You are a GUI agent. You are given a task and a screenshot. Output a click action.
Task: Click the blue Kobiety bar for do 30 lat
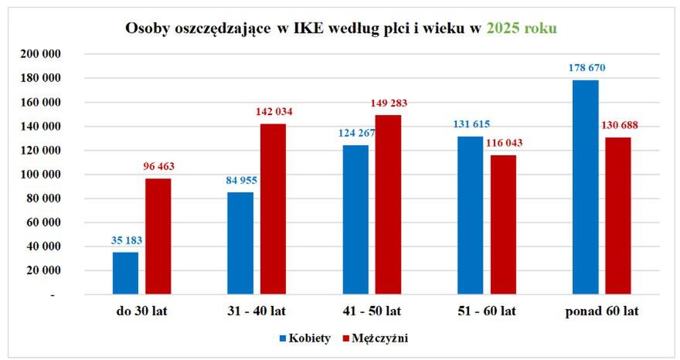pyautogui.click(x=125, y=273)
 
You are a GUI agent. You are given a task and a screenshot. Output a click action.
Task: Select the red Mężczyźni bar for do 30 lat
pyautogui.click(x=158, y=236)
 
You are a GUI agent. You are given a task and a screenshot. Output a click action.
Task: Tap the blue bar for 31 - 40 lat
pyautogui.click(x=240, y=243)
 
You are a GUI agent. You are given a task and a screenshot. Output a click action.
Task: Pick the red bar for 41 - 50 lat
pyautogui.click(x=389, y=205)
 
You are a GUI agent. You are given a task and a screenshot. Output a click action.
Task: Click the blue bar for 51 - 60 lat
pyautogui.click(x=471, y=216)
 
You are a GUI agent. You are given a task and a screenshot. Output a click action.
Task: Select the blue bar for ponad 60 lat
pyautogui.click(x=586, y=188)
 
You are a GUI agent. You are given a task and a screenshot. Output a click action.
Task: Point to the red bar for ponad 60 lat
pyautogui.click(x=619, y=216)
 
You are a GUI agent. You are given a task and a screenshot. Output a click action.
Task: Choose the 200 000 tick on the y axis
pyautogui.click(x=42, y=54)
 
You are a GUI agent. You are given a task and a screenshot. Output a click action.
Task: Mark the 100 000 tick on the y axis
pyautogui.click(x=42, y=175)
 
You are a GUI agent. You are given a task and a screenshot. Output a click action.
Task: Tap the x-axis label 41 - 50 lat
pyautogui.click(x=372, y=312)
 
